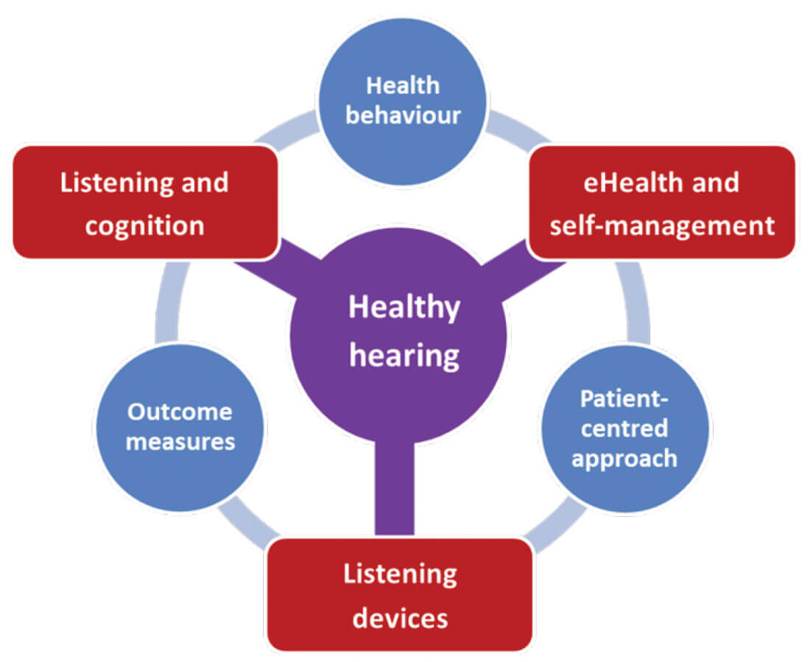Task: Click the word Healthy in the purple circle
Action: pos(404,307)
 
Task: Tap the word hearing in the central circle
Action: pos(404,355)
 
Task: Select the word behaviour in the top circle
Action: pos(403,116)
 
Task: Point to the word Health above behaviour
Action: pos(403,85)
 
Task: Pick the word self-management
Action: pos(661,225)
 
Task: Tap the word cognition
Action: pos(144,225)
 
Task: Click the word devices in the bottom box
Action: pos(400,617)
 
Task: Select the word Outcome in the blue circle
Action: pos(179,412)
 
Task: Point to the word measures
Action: pos(179,442)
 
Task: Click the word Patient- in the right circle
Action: pos(624,398)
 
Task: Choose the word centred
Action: pos(624,428)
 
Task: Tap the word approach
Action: pos(624,458)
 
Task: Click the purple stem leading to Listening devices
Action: pos(394,490)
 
